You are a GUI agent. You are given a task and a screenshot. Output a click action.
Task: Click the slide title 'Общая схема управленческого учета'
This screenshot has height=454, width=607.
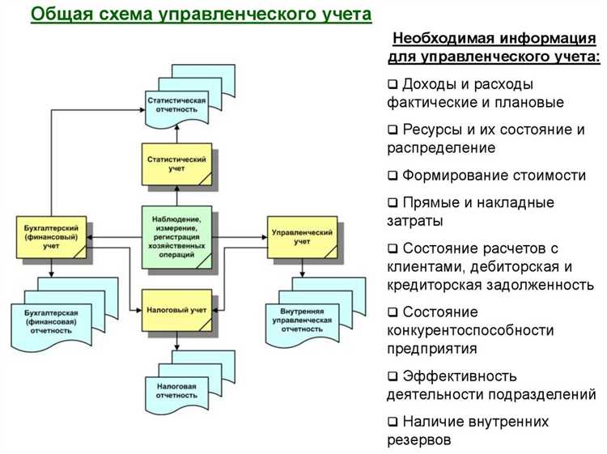(202, 15)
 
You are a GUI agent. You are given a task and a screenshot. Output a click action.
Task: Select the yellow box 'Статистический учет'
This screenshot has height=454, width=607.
(177, 164)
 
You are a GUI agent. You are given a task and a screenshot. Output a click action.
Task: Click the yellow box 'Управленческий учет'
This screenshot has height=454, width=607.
(302, 236)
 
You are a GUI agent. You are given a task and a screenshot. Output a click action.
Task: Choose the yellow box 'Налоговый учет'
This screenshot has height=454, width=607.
(177, 310)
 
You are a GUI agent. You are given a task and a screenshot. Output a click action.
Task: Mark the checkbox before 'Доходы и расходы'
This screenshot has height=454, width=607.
(393, 84)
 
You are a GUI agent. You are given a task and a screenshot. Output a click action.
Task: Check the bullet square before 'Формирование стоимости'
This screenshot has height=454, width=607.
(393, 176)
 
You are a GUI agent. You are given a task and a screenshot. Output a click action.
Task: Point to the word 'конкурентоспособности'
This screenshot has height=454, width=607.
(470, 330)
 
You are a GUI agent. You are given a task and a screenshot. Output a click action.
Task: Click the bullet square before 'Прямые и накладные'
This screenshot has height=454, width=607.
(393, 202)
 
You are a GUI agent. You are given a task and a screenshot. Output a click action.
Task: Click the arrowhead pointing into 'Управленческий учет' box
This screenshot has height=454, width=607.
(264, 237)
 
